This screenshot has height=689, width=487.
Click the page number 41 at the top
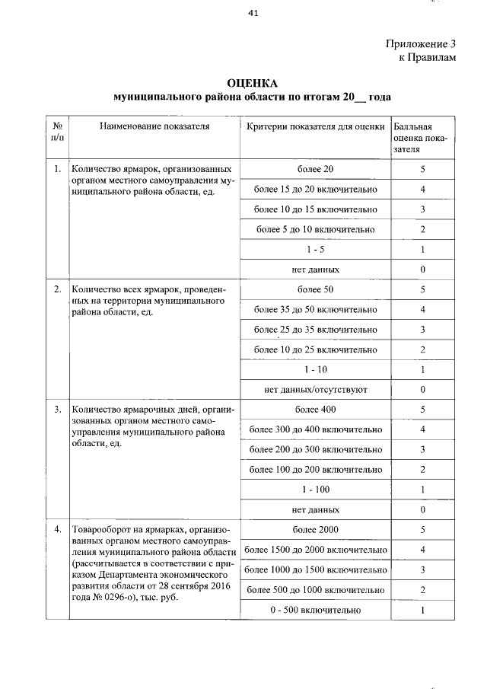(x=253, y=13)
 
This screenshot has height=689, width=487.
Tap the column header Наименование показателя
(x=154, y=126)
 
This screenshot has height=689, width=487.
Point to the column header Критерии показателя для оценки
(x=315, y=126)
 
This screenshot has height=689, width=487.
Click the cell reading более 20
(x=315, y=169)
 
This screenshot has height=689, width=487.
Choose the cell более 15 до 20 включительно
(x=315, y=189)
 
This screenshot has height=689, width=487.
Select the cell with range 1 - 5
(x=315, y=249)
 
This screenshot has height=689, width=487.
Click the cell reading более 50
(x=315, y=289)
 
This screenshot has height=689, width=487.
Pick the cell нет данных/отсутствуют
(x=315, y=390)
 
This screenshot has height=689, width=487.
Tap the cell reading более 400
(x=315, y=410)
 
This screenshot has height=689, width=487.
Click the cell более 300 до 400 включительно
(x=315, y=430)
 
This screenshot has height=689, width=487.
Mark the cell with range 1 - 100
(x=315, y=490)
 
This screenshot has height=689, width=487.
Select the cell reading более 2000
(x=315, y=530)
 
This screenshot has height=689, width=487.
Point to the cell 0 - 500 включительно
(x=315, y=610)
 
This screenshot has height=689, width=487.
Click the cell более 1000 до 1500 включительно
(x=315, y=569)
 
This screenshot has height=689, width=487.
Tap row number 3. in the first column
(x=57, y=410)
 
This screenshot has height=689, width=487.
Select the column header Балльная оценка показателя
(x=422, y=138)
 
